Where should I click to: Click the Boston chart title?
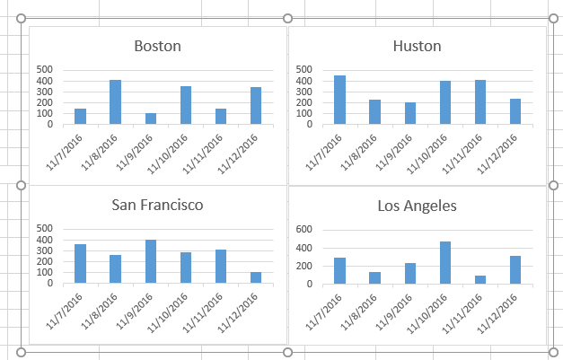(157, 46)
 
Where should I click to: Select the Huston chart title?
(417, 46)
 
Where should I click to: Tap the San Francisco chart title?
(157, 205)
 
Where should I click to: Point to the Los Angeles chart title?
(417, 206)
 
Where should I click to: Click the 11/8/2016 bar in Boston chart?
(115, 102)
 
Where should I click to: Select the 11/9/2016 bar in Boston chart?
(151, 119)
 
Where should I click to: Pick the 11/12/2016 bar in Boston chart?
(256, 106)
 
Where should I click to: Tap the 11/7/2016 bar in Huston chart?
(339, 100)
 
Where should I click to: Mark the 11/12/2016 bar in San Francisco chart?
(256, 277)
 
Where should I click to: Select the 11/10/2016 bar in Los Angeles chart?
(445, 262)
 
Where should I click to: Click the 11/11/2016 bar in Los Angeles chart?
(480, 279)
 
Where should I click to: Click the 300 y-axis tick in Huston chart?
(303, 92)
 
